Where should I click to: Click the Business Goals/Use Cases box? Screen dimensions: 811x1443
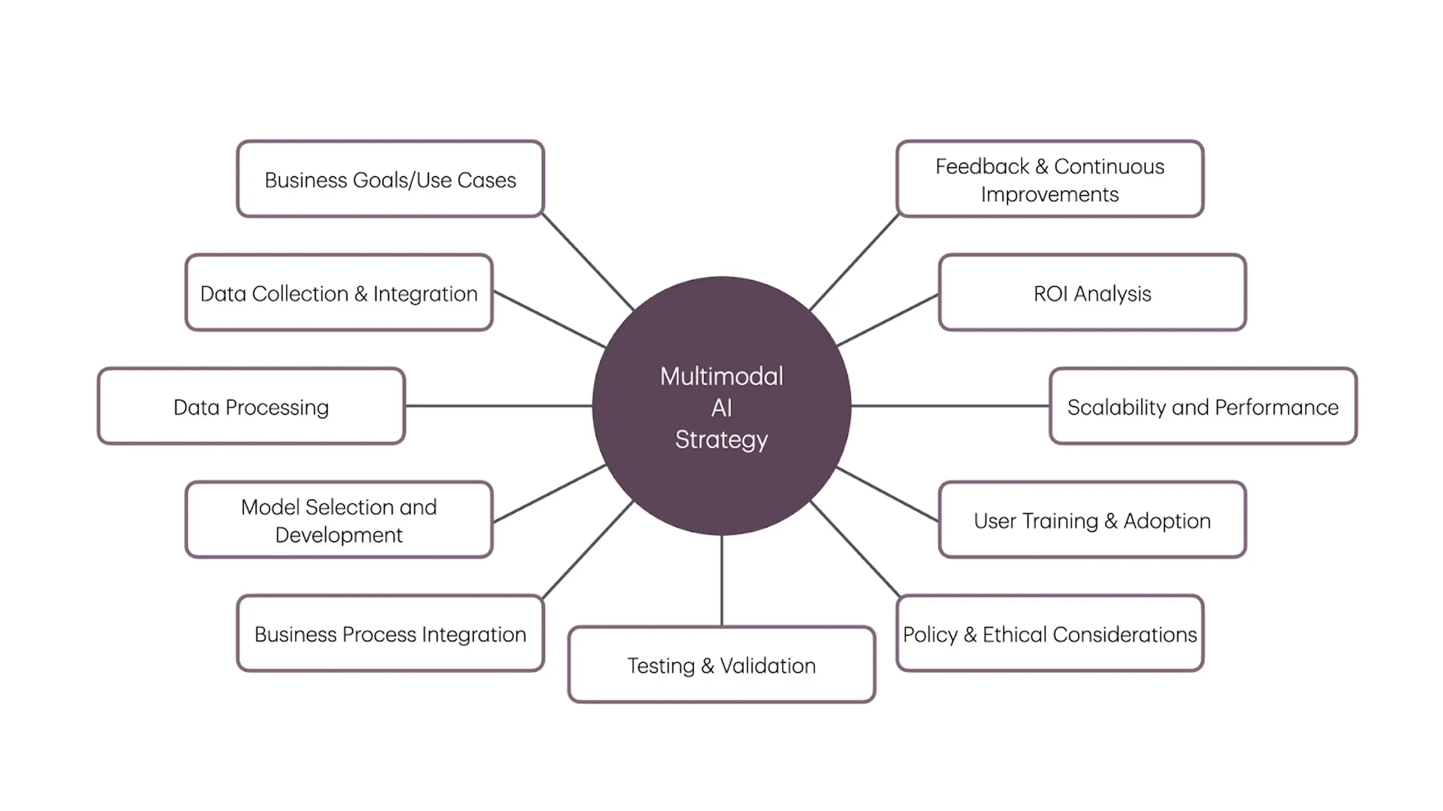(390, 179)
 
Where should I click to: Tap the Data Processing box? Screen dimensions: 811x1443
(251, 406)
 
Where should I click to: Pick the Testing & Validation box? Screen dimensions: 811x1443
(721, 665)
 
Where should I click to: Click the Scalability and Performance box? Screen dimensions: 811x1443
(1202, 406)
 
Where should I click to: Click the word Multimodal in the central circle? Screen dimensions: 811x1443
(721, 376)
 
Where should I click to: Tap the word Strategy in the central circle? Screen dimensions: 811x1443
(721, 439)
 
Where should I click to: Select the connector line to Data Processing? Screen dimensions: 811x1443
(499, 406)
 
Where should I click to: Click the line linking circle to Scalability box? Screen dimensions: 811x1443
(950, 406)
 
